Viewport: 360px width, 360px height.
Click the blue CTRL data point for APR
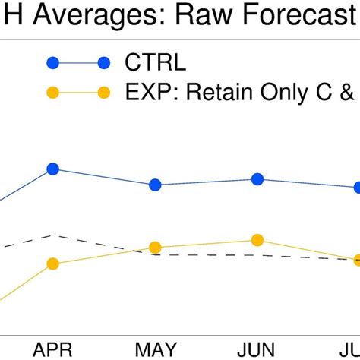click(52, 169)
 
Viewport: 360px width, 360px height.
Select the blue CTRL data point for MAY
click(155, 185)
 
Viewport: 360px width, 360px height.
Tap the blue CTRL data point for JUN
click(257, 179)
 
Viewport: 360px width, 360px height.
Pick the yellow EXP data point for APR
click(52, 264)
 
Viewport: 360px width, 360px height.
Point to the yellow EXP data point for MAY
click(155, 248)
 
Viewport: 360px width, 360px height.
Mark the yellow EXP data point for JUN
click(257, 240)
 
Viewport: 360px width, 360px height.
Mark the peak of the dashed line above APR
click(52, 235)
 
